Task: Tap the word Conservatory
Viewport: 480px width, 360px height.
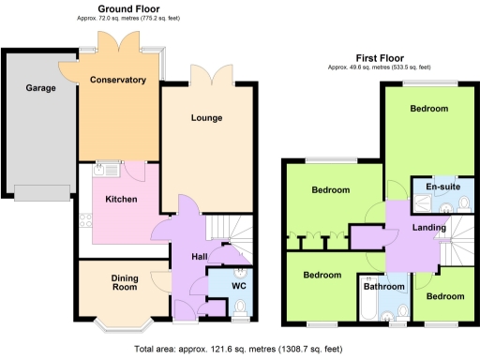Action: [117, 80]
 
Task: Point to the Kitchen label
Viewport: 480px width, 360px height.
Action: [122, 200]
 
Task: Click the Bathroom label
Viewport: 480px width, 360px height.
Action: [384, 287]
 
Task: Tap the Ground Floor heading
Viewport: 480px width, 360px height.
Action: [121, 7]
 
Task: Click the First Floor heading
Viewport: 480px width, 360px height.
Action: [379, 57]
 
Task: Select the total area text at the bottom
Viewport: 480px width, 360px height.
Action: [240, 349]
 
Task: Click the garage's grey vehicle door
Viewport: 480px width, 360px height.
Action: [41, 192]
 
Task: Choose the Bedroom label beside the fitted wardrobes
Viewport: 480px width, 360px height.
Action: [330, 190]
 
